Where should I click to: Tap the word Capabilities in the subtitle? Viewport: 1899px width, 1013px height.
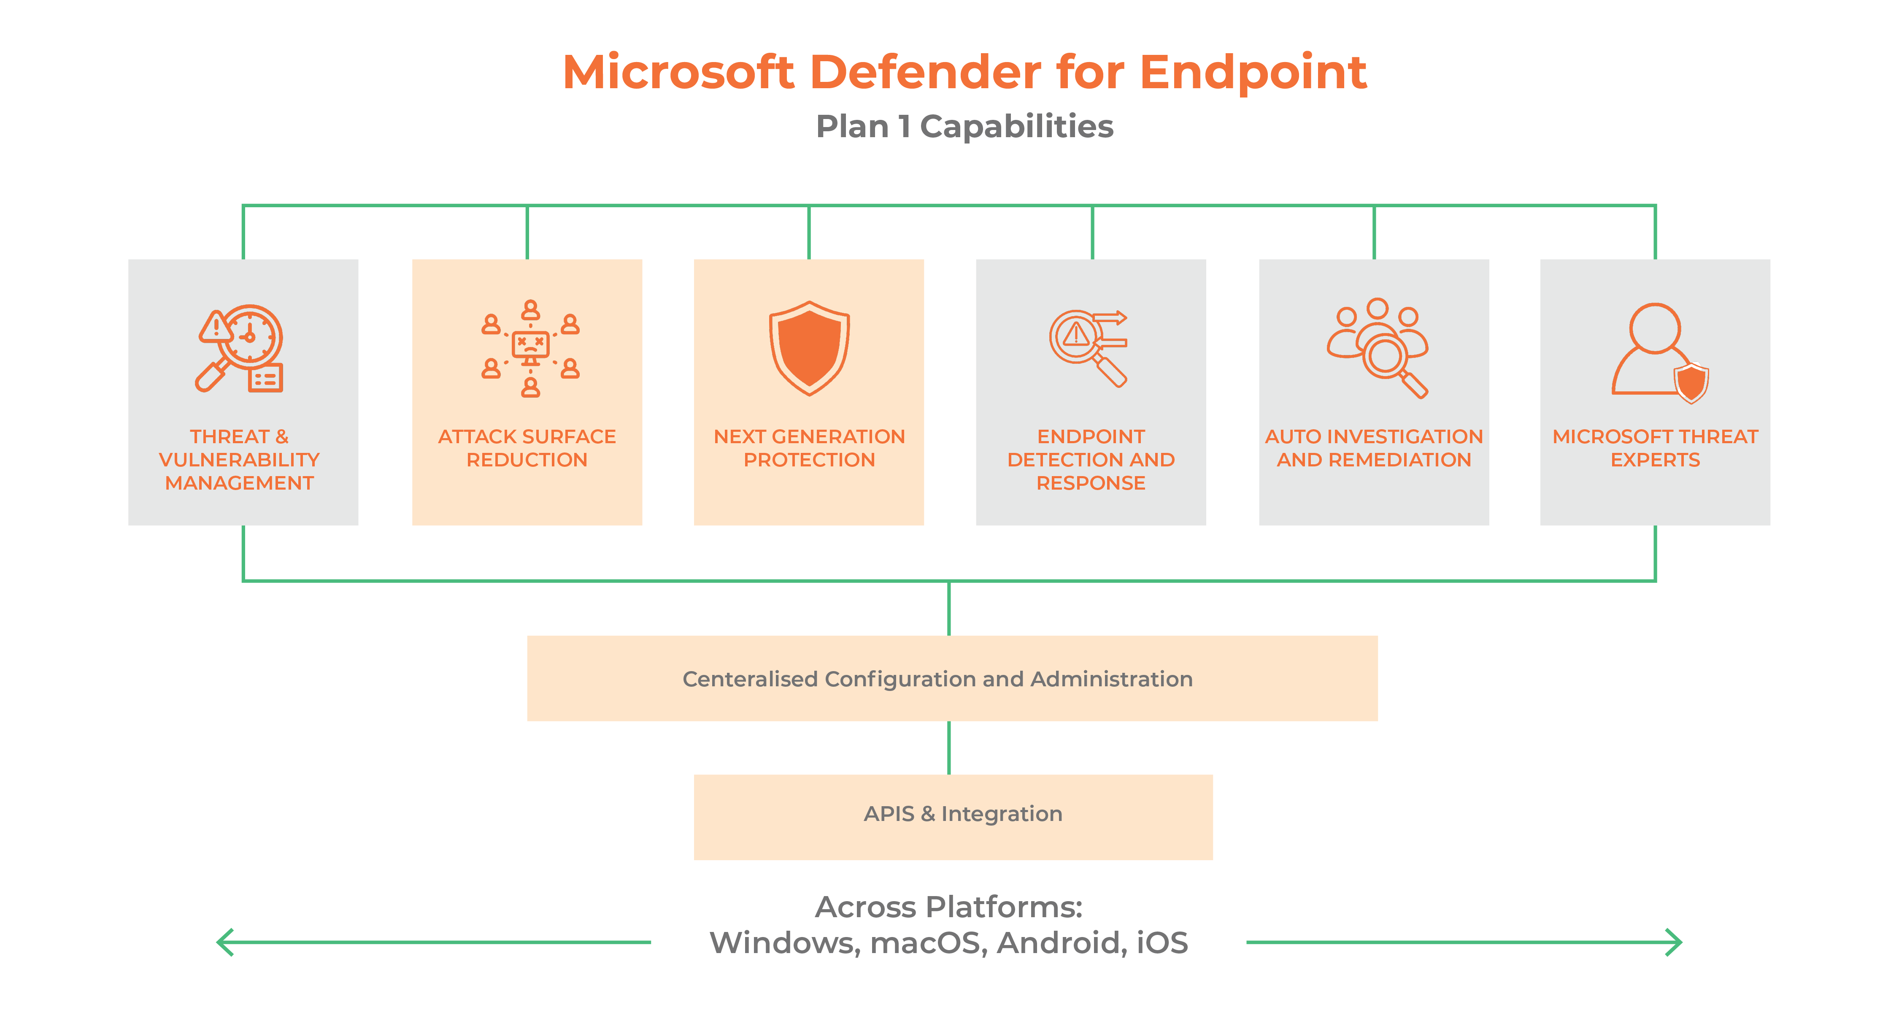[x=1017, y=127]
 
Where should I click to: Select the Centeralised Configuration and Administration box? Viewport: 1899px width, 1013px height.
[x=952, y=678]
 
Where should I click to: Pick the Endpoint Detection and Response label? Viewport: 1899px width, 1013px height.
[x=1091, y=459]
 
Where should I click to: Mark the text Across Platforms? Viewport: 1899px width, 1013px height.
[x=949, y=907]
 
